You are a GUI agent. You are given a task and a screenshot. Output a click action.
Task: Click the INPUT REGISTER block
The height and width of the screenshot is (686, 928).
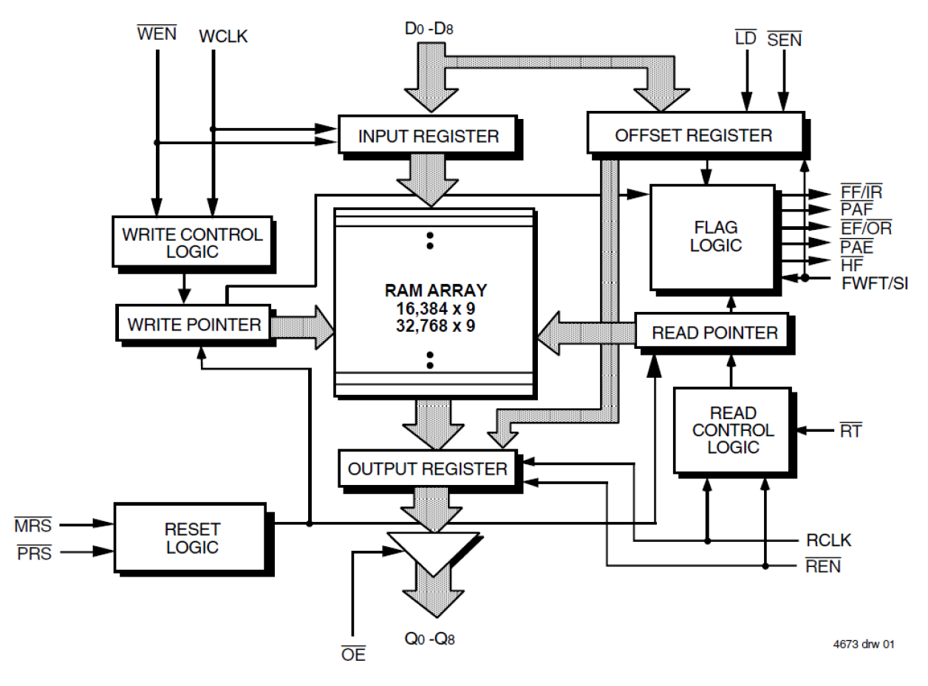pyautogui.click(x=428, y=135)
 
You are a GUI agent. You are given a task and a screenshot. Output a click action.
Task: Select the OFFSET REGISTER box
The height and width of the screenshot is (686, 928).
pyautogui.click(x=693, y=135)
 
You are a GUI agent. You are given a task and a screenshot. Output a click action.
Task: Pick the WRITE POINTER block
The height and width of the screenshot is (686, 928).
pyautogui.click(x=194, y=324)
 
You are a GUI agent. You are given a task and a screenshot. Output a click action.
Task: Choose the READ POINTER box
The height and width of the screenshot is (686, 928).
pyautogui.click(x=714, y=333)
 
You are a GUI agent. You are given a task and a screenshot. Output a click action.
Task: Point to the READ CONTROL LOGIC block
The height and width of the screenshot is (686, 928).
pyautogui.click(x=731, y=429)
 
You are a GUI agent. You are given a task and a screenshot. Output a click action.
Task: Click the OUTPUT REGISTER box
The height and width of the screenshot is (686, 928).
pyautogui.click(x=427, y=469)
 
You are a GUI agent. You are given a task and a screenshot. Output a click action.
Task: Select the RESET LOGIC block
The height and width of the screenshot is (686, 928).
pyautogui.click(x=191, y=538)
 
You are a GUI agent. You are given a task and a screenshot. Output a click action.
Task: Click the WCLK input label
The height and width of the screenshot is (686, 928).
pyautogui.click(x=224, y=35)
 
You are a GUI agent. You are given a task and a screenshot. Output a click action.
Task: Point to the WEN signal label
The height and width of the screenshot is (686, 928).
pyautogui.click(x=157, y=34)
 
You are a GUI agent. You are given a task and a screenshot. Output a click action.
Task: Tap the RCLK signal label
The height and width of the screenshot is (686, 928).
pyautogui.click(x=828, y=541)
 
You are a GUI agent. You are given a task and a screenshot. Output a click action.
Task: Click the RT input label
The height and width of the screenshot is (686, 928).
pyautogui.click(x=850, y=430)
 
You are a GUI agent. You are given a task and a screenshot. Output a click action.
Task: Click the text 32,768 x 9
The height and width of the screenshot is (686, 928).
pyautogui.click(x=433, y=324)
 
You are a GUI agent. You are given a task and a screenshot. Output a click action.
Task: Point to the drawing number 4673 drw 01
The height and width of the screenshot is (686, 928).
pyautogui.click(x=863, y=645)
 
